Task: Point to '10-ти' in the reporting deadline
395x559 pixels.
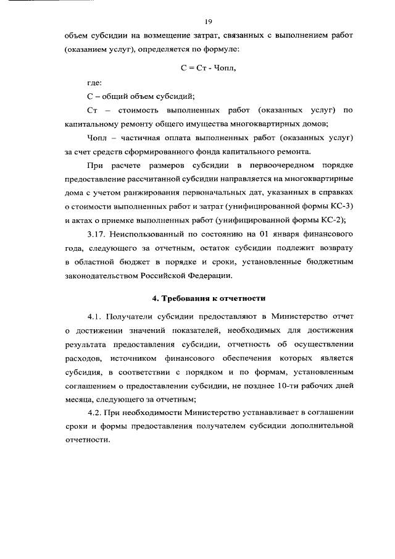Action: click(286, 384)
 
